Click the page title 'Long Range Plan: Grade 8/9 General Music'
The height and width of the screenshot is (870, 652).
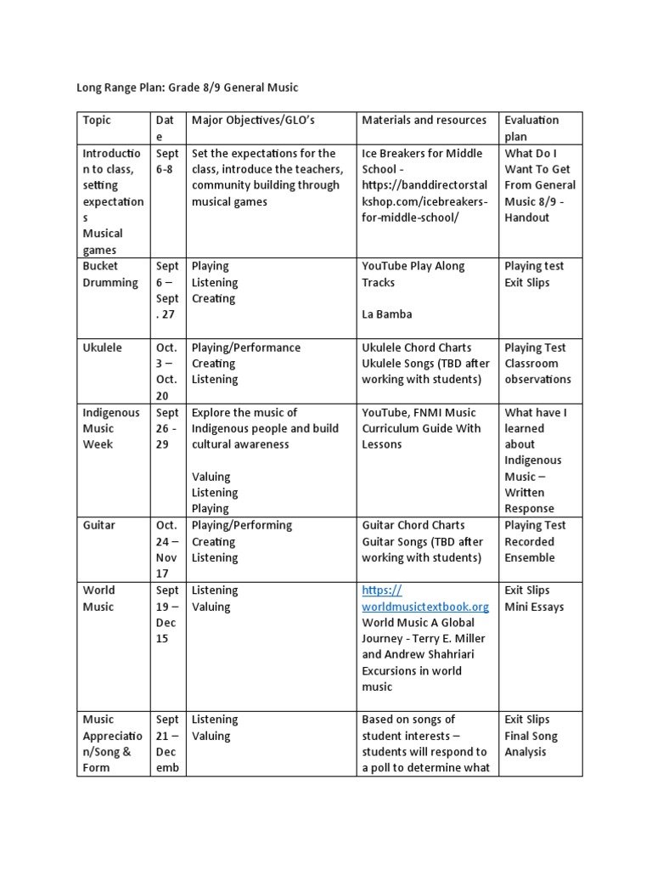click(188, 87)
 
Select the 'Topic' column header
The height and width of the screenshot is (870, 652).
click(97, 121)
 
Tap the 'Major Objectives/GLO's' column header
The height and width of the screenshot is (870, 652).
click(253, 121)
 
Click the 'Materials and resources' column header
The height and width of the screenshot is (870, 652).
click(424, 121)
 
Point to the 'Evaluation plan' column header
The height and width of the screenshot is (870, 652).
click(531, 128)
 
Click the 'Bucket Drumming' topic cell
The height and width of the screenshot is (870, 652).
click(110, 274)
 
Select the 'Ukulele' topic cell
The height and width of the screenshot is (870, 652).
click(102, 347)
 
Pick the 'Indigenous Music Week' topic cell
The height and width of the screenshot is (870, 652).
click(110, 428)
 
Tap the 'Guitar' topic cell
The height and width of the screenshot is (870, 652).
click(98, 526)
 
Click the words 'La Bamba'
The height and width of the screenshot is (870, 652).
click(387, 314)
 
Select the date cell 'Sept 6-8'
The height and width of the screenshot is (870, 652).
click(167, 161)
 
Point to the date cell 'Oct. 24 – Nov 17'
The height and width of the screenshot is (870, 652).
click(167, 550)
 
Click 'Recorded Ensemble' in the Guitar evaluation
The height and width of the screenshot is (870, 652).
click(530, 550)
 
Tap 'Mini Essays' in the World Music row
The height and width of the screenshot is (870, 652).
click(534, 607)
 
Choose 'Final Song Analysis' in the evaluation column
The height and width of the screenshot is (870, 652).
click(531, 744)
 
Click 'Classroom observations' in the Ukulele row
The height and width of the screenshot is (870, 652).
click(537, 371)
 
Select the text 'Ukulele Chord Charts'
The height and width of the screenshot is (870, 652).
click(417, 347)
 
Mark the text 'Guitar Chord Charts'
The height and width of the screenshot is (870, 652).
click(413, 526)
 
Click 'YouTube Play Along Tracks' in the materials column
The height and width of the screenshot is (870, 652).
click(413, 274)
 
